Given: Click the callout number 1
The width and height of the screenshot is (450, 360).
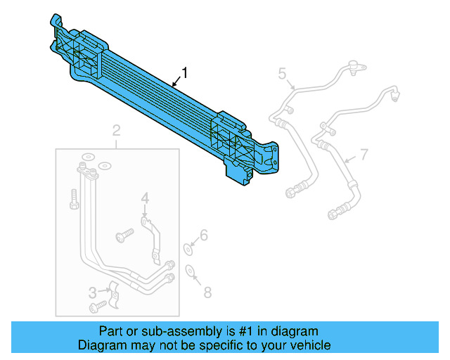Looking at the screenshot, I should (x=185, y=72).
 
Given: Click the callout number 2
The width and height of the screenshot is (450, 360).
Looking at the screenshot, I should (x=116, y=130).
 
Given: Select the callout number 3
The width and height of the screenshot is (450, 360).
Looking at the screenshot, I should (x=92, y=292).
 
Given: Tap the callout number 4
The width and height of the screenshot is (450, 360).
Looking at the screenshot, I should (x=144, y=199).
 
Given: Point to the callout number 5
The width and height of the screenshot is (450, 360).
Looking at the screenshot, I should (x=282, y=72).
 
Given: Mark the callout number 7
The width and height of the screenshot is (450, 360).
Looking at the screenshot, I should (x=364, y=154).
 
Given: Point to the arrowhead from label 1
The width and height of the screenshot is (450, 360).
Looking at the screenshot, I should (x=172, y=85).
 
